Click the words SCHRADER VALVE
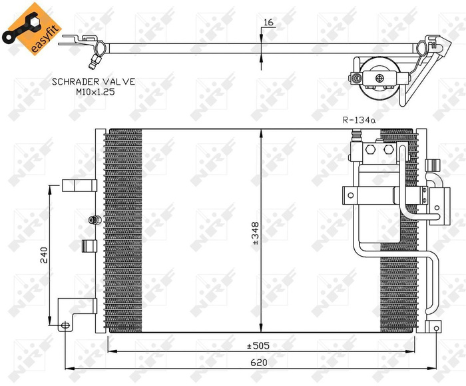93,81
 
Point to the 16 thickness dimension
268,23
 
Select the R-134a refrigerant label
359,121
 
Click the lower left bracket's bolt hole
65,325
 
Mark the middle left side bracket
88,246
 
